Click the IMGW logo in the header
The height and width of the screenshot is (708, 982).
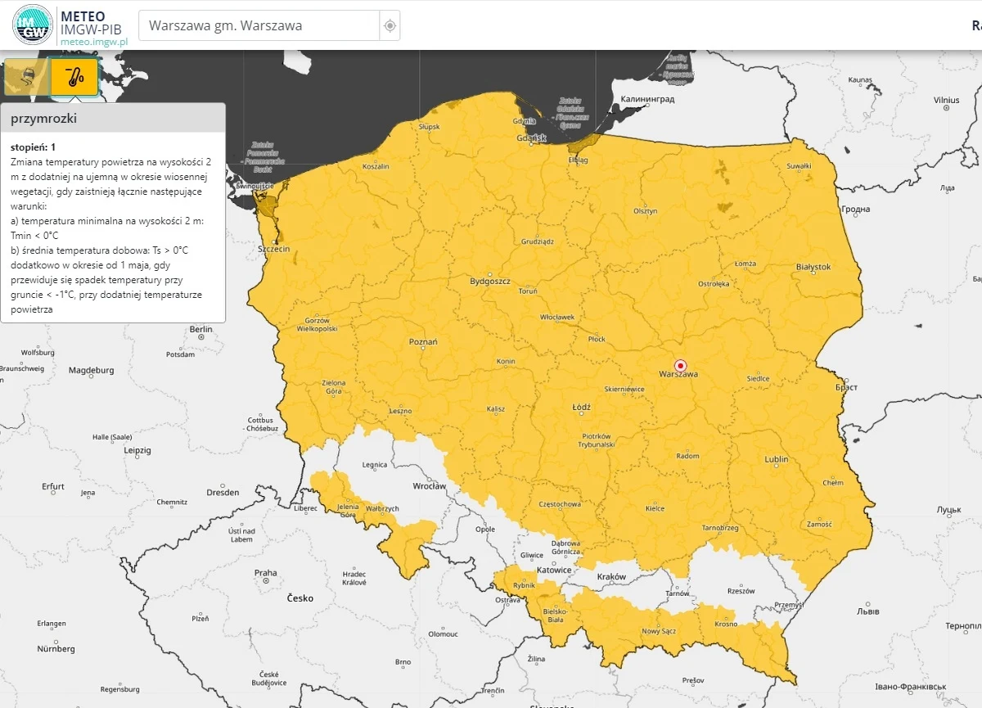tap(33, 25)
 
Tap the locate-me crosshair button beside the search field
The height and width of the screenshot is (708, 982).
tap(390, 25)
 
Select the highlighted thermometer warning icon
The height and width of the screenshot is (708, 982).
tap(74, 77)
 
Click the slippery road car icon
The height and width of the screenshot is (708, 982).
tap(25, 77)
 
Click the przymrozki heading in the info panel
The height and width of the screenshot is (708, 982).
tap(44, 118)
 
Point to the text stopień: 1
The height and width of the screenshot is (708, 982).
tap(34, 147)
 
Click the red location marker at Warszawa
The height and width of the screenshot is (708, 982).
tap(680, 365)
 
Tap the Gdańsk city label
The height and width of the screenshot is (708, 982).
tap(531, 138)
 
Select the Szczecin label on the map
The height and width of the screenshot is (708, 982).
tap(273, 248)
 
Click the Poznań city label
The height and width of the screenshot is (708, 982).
tap(423, 341)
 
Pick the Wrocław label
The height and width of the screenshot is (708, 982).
tap(429, 485)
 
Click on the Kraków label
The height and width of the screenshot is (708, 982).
tap(611, 576)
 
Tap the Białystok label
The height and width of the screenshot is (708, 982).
tap(813, 267)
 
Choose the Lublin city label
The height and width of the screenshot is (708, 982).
tap(776, 459)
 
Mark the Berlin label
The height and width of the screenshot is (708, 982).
tap(200, 329)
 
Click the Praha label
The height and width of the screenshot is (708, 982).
tap(265, 573)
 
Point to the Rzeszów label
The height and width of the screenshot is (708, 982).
tap(740, 590)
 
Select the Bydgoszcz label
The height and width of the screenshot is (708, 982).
tap(489, 281)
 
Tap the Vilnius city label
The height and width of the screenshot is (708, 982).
tap(946, 99)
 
